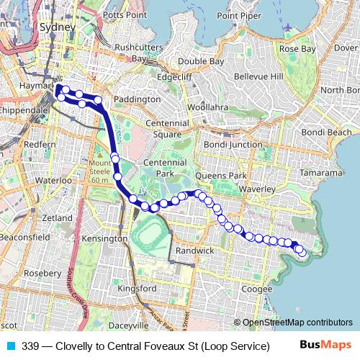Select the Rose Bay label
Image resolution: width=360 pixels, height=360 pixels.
pyautogui.click(x=297, y=49)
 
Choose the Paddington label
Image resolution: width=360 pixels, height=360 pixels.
pyautogui.click(x=136, y=99)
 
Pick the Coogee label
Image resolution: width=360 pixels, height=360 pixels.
pyautogui.click(x=257, y=289)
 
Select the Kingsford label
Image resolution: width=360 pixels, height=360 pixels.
pyautogui.click(x=137, y=288)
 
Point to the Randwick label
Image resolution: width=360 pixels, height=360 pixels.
pyautogui.click(x=195, y=251)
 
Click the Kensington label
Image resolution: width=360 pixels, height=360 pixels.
pyautogui.click(x=104, y=238)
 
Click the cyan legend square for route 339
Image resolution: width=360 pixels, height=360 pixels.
pyautogui.click(x=11, y=346)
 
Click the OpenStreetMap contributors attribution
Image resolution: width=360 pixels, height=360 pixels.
pyautogui.click(x=296, y=323)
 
